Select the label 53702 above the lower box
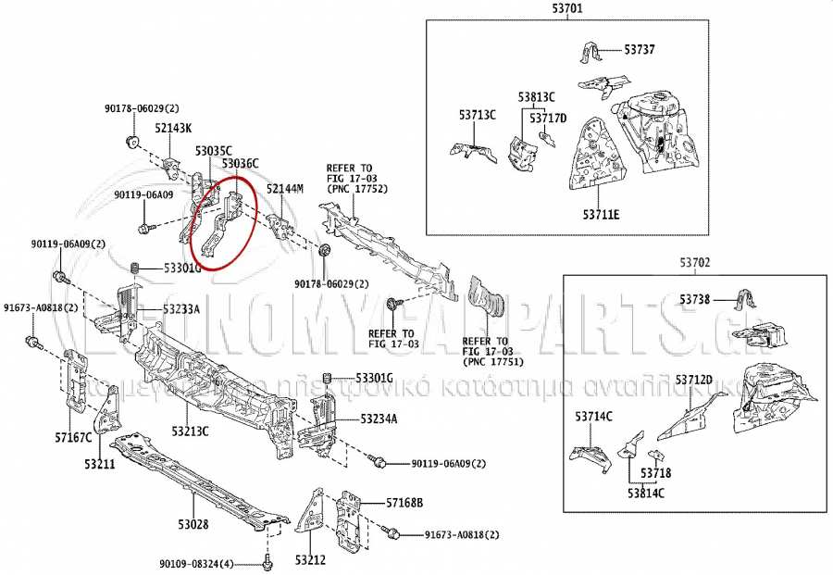point(695,264)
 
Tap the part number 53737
point(639,49)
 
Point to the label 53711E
point(601,216)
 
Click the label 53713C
point(478,115)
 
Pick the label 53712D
point(694,380)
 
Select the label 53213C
point(190,431)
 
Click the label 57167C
point(73,437)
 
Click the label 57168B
point(404,503)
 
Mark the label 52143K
point(173,128)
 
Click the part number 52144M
point(285,189)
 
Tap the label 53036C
point(240,164)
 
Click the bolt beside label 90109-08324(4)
point(267,562)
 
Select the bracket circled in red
point(222,225)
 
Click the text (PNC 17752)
point(356,189)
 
